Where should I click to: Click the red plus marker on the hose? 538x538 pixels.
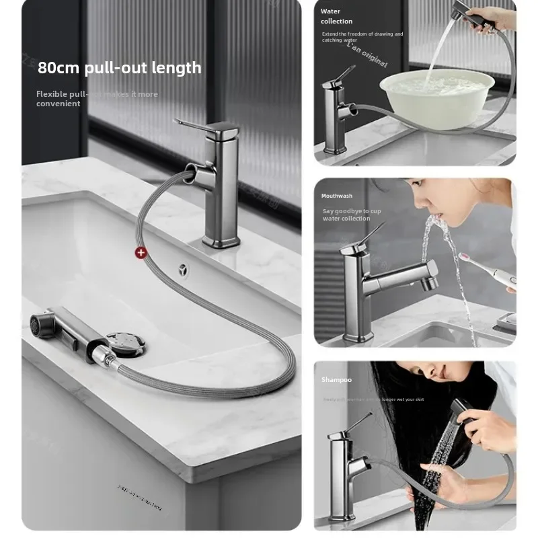(x=141, y=253)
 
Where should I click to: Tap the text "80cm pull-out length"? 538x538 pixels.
(x=119, y=68)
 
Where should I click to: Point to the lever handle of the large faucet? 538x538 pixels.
(x=192, y=125)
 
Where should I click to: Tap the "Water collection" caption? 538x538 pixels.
(x=336, y=16)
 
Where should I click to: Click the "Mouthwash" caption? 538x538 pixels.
(x=336, y=196)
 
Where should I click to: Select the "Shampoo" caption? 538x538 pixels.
(x=336, y=380)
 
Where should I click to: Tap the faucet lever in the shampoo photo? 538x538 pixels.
(x=356, y=424)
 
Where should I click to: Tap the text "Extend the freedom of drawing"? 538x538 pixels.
(x=362, y=34)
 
